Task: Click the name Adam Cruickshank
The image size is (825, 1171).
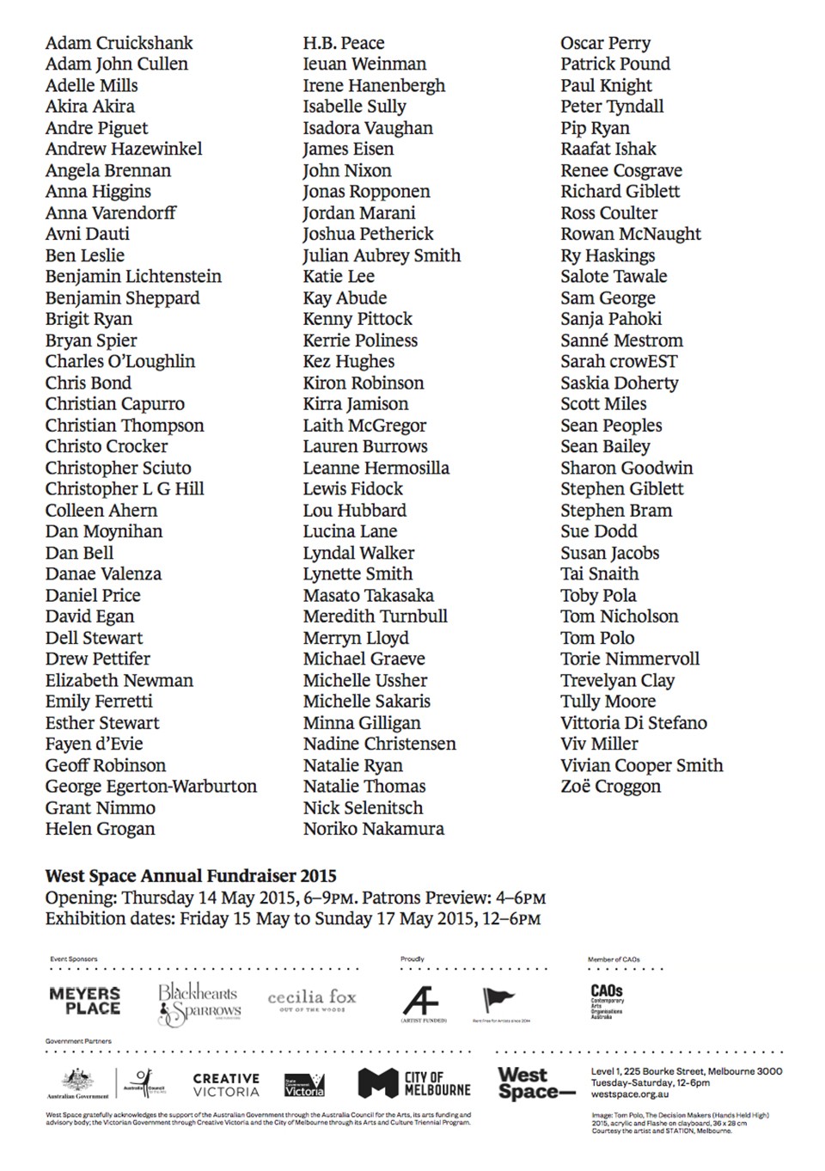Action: [119, 43]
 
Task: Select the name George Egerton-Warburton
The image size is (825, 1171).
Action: [150, 787]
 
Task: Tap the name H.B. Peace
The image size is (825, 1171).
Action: [343, 43]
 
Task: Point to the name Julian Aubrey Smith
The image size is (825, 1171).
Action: [382, 255]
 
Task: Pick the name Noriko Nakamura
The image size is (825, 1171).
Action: [373, 829]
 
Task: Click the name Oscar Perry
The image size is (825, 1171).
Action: [605, 43]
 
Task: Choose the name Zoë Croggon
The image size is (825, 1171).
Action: [610, 787]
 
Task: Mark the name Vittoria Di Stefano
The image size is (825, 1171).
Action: [633, 723]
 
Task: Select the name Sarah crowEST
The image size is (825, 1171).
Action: [619, 362]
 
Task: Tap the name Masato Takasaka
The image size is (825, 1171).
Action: [368, 595]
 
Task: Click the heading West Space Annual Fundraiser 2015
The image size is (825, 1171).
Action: [191, 876]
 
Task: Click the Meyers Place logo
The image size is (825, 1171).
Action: [85, 1001]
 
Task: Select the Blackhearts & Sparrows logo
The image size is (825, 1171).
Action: [199, 1003]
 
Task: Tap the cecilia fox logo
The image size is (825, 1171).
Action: [311, 999]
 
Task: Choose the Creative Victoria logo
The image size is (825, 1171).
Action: [226, 1085]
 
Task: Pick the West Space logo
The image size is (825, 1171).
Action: [535, 1083]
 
